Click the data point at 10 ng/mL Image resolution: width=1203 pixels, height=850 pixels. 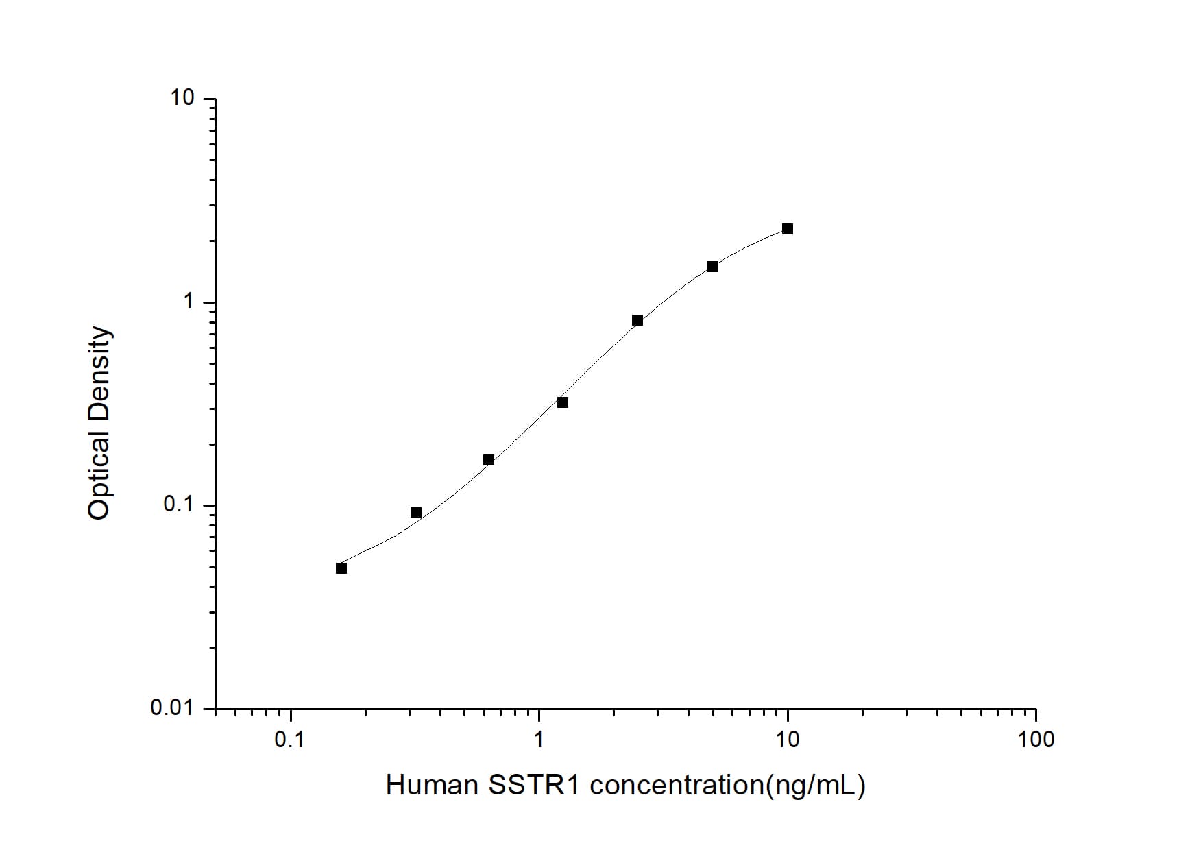pos(788,229)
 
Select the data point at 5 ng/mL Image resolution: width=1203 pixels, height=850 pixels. pos(713,267)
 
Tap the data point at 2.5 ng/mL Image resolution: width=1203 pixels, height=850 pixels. pos(637,320)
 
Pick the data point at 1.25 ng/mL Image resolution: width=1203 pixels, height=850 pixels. pos(563,402)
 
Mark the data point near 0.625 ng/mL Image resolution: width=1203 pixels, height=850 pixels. pos(489,460)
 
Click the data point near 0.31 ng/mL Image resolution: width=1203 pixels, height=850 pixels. pos(416,512)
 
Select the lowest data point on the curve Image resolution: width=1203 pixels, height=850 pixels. pos(341,568)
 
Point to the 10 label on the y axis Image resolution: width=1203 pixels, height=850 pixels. pos(183,98)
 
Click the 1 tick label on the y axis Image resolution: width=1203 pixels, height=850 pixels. pos(189,301)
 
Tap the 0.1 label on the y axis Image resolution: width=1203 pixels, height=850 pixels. pos(180,505)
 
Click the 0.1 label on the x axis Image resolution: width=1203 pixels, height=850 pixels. pos(289,740)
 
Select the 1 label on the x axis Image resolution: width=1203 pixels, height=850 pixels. pos(539,740)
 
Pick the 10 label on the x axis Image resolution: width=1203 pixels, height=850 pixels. pos(788,740)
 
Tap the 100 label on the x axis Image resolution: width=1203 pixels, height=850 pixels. pos(1036,740)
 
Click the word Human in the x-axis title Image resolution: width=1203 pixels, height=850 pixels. pos(432,786)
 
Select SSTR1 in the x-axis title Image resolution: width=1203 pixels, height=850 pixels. pos(535,786)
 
